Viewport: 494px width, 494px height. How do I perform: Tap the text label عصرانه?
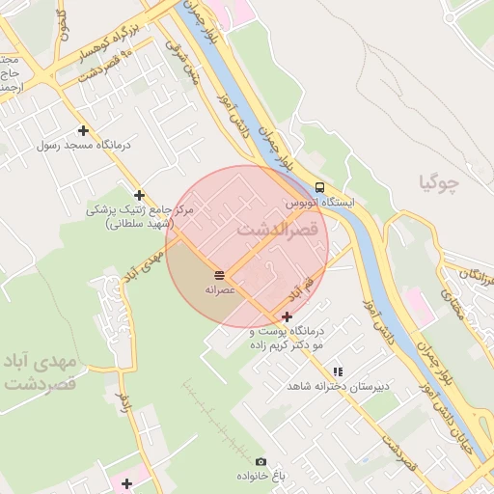tap(220, 289)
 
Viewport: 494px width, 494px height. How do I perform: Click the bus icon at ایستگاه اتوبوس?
tap(319, 188)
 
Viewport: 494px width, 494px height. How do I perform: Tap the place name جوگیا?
tap(439, 180)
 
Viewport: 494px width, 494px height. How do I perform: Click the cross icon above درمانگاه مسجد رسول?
tap(83, 130)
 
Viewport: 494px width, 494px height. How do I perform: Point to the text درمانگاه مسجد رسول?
tap(89, 145)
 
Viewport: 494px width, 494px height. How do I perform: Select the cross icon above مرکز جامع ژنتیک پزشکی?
tap(140, 195)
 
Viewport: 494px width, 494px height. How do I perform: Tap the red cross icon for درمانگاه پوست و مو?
tap(287, 316)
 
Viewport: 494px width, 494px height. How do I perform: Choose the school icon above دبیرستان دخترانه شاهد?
tap(337, 371)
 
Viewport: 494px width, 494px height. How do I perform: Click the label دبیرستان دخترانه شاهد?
tap(338, 386)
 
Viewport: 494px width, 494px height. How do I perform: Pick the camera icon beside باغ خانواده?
tap(261, 462)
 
